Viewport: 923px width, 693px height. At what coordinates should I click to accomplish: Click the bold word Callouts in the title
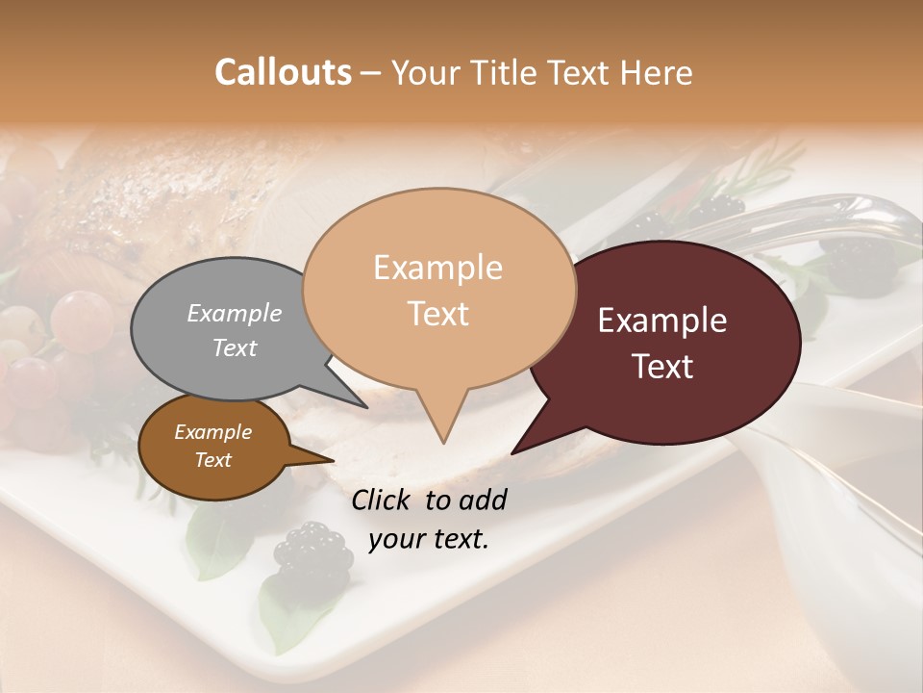(x=283, y=72)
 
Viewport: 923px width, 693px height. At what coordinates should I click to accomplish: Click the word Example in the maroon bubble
(x=662, y=321)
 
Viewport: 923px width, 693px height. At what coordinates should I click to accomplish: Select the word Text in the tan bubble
(x=438, y=314)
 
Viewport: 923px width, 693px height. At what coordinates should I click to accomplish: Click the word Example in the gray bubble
(x=235, y=313)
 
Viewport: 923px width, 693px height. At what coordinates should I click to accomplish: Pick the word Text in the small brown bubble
(x=213, y=460)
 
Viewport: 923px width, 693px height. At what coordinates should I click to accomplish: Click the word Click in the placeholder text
(x=381, y=500)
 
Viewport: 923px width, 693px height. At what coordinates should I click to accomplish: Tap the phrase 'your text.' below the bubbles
(x=429, y=539)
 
